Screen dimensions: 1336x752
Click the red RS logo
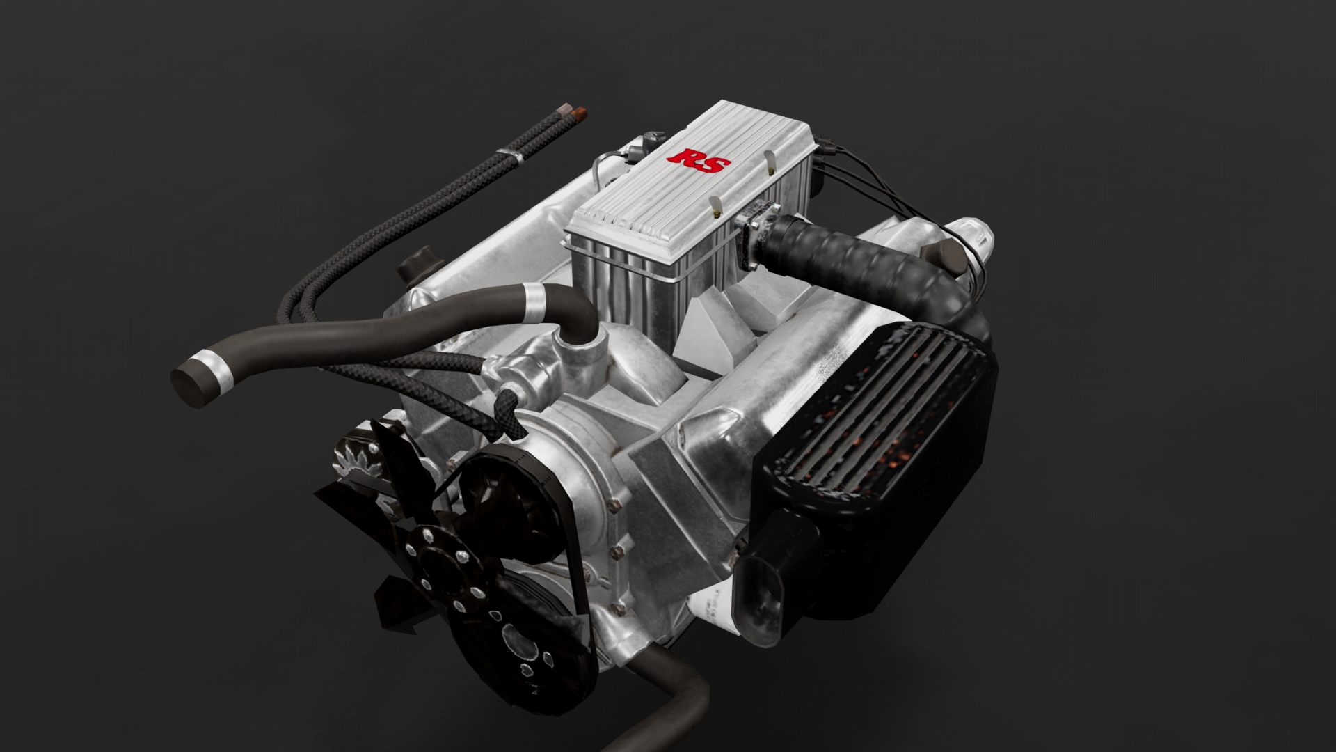tap(699, 161)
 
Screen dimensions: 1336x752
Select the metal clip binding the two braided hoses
tap(511, 156)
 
